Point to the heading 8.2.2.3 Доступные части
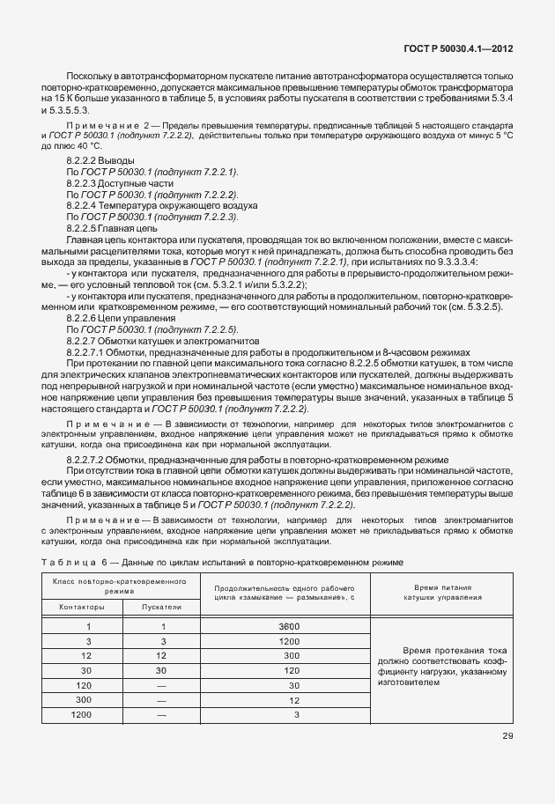114,183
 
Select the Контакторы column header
81,607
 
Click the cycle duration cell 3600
287,626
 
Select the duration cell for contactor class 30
287,671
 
